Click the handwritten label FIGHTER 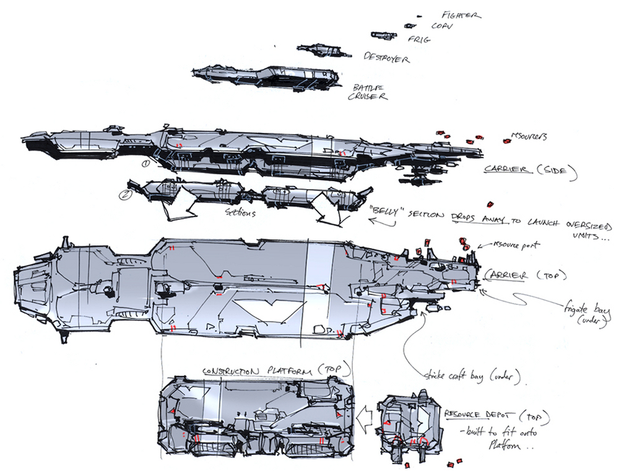coord(462,15)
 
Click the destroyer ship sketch coord(319,49)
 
